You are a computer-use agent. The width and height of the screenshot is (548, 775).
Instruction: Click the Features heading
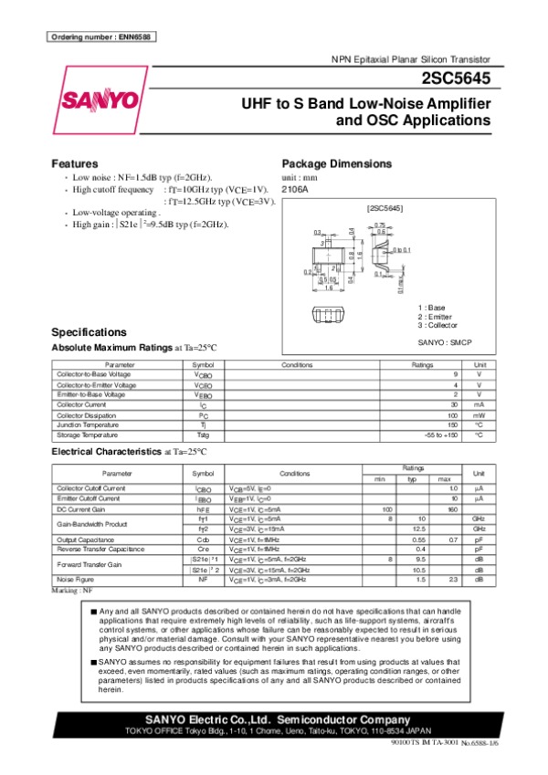[78, 163]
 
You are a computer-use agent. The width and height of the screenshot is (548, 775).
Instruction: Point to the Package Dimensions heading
[337, 163]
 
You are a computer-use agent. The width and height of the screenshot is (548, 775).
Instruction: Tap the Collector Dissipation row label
[85, 414]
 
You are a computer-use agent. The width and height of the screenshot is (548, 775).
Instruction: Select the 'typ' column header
[412, 479]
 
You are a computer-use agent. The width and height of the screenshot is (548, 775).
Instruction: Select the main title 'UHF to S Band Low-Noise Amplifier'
[365, 103]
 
